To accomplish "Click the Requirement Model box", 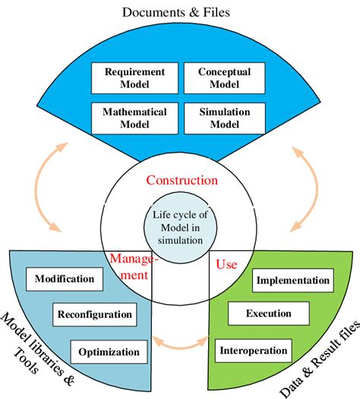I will click(x=135, y=78).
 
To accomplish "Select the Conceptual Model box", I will click(x=226, y=78).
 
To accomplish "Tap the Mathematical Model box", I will click(x=135, y=118).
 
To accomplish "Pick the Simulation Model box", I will click(x=226, y=118).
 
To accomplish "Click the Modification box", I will click(x=65, y=278).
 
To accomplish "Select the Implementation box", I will click(x=293, y=281).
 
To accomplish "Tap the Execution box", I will click(x=270, y=313).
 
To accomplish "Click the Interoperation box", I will click(x=254, y=350).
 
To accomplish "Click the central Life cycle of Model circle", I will click(x=179, y=227).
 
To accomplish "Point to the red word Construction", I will click(x=182, y=181).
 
